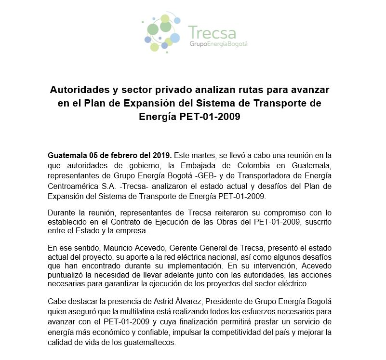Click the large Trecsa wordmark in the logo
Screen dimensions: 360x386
click(213, 32)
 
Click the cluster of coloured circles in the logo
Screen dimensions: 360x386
click(162, 33)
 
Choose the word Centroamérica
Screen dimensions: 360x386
click(70, 186)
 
